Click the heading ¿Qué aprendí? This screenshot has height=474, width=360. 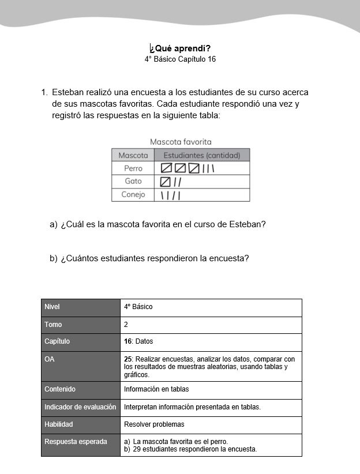[180, 48]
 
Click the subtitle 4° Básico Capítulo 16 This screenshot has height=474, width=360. [180, 59]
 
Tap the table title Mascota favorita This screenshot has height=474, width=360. [181, 142]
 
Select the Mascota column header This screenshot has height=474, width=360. [133, 155]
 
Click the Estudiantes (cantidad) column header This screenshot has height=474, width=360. [202, 155]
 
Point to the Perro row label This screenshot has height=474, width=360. [133, 168]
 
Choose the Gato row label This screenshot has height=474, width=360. [133, 182]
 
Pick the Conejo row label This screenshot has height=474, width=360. [133, 195]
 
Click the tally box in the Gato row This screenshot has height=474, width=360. [166, 182]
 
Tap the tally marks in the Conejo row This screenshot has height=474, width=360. [170, 195]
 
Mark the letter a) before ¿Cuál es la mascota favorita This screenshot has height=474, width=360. [54, 224]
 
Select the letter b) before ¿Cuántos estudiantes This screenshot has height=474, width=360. [54, 258]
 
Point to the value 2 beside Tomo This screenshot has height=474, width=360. [126, 325]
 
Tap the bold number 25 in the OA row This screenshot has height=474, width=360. [128, 359]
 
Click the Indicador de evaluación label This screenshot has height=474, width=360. [80, 407]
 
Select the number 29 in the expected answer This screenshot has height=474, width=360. [137, 449]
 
